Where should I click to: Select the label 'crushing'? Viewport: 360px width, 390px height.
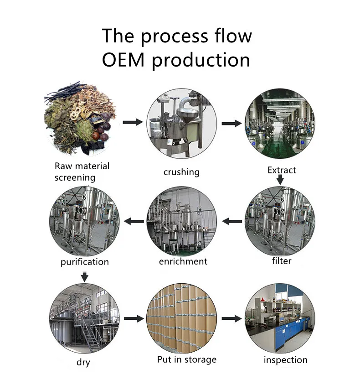point(181,172)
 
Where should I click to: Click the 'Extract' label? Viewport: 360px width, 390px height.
point(282,170)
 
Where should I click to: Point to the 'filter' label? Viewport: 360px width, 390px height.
point(281,261)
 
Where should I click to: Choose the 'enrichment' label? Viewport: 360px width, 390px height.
point(183,261)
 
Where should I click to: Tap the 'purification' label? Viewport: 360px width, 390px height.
point(85,262)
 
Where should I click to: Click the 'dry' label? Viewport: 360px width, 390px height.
point(83,363)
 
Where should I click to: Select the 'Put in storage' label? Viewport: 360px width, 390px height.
point(186,359)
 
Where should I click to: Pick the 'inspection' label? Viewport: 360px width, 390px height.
point(285,360)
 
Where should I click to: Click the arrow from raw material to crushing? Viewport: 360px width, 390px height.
point(133,122)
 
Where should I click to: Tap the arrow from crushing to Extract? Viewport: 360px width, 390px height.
point(231,123)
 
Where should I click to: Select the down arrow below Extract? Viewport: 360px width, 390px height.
point(280,180)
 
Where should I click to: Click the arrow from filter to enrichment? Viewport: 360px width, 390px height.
point(232,222)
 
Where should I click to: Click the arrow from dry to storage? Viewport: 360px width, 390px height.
point(133,318)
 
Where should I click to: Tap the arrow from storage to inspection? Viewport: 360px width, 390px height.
point(231,318)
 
